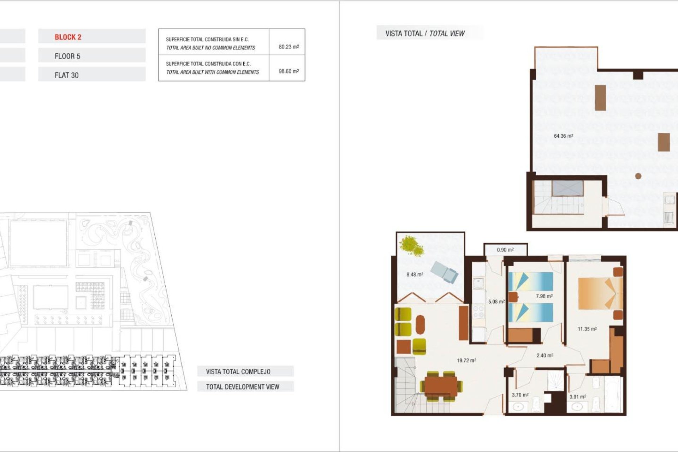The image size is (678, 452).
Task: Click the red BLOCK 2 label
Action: [68, 37]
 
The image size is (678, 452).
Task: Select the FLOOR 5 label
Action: [67, 56]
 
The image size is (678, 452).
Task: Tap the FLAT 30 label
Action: [66, 75]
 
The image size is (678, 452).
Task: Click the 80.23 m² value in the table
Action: [289, 47]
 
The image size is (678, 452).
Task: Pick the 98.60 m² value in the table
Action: [289, 71]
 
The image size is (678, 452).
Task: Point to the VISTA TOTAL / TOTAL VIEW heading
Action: [425, 34]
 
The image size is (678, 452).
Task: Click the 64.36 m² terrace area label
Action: [563, 136]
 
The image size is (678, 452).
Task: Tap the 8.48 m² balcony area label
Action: [415, 274]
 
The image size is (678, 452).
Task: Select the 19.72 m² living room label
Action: [466, 361]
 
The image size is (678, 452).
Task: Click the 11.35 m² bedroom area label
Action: [587, 329]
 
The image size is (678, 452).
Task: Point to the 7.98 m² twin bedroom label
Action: [544, 296]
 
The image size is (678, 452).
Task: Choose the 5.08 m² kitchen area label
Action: [496, 302]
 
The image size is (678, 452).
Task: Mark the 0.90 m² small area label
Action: [505, 250]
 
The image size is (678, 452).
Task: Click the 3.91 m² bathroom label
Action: [577, 397]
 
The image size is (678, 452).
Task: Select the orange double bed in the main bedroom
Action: [600, 293]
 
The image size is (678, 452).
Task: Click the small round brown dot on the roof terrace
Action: [638, 176]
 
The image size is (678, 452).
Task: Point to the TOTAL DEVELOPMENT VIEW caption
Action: [243, 387]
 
